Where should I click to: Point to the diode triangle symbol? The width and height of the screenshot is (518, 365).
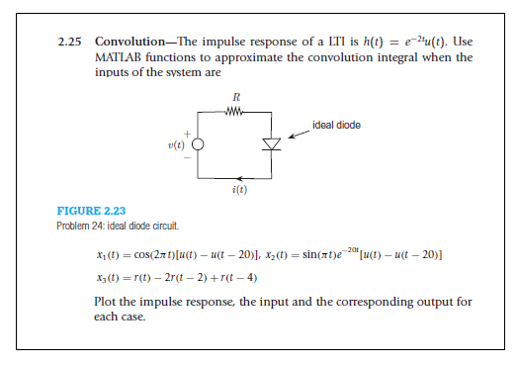270,144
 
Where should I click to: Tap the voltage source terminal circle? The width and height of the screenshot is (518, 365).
198,144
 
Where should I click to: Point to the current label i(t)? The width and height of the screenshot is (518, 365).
236,188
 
